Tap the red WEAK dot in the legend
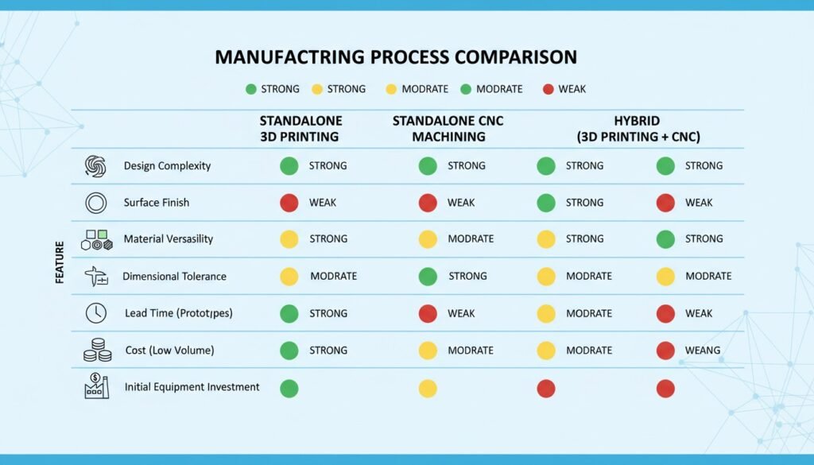(x=548, y=89)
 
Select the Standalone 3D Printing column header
(x=300, y=129)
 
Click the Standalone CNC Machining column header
(x=448, y=129)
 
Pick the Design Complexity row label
(x=167, y=166)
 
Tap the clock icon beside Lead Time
(x=95, y=313)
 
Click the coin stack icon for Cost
(x=95, y=350)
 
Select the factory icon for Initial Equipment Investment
(x=95, y=386)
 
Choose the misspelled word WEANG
(x=703, y=351)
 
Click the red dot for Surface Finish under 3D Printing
(x=289, y=203)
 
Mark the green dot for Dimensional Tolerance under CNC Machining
(x=428, y=277)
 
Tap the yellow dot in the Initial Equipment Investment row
(x=428, y=389)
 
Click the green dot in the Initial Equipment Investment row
(x=289, y=389)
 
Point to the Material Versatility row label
(x=169, y=239)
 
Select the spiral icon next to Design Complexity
(x=95, y=166)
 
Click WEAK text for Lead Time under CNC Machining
(x=461, y=314)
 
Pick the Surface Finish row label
(x=157, y=203)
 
